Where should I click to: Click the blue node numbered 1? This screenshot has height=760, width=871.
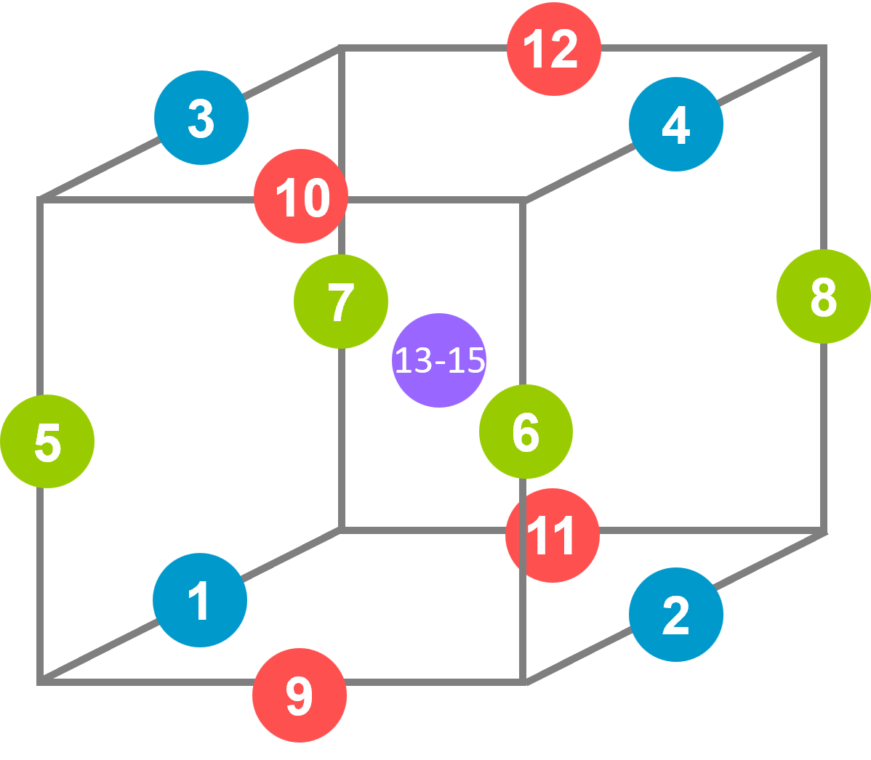click(x=200, y=600)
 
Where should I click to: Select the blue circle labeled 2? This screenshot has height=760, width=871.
click(x=676, y=615)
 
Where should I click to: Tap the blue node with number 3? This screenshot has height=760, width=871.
click(x=201, y=118)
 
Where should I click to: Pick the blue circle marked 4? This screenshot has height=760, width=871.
click(x=676, y=124)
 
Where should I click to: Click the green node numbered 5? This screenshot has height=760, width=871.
click(x=47, y=442)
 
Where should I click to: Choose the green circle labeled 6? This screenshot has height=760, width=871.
click(x=526, y=432)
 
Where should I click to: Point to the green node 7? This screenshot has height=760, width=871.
click(x=341, y=301)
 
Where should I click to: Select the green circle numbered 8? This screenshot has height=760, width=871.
click(x=823, y=296)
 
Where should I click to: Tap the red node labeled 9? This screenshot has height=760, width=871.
click(x=300, y=695)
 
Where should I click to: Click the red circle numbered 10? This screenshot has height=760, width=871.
click(x=301, y=196)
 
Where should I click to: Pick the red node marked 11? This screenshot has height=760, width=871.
click(x=553, y=535)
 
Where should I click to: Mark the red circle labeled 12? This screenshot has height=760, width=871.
click(x=554, y=49)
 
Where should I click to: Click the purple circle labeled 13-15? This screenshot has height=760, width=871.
click(x=439, y=360)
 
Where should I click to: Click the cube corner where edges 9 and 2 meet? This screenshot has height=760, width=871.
click(x=525, y=682)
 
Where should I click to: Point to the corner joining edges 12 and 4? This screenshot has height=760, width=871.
click(x=823, y=49)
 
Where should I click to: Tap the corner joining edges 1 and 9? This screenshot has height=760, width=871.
click(x=41, y=682)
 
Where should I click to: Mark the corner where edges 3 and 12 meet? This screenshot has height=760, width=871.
click(x=340, y=49)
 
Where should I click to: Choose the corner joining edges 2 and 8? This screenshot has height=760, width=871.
click(x=824, y=532)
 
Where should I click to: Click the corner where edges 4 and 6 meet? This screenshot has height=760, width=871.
click(x=525, y=200)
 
